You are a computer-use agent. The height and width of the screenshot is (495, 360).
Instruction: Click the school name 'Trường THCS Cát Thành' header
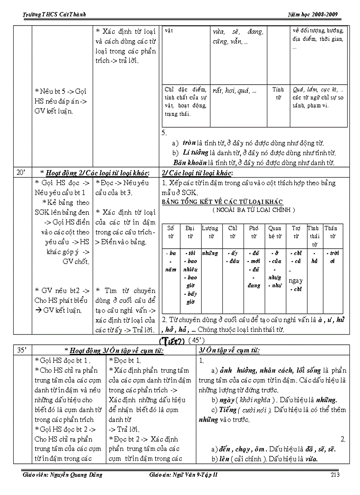pyautogui.click(x=54, y=15)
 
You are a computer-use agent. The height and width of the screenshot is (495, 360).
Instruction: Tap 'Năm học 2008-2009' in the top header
pyautogui.click(x=312, y=15)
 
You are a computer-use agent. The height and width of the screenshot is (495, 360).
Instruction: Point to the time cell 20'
pyautogui.click(x=21, y=172)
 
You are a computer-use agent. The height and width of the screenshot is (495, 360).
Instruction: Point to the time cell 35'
pyautogui.click(x=21, y=350)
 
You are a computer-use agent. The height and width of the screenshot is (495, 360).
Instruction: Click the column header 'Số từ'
pyautogui.click(x=171, y=232)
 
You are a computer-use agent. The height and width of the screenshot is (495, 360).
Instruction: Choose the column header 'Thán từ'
pyautogui.click(x=330, y=232)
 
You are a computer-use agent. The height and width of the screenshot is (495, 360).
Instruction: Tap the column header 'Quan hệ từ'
pyautogui.click(x=274, y=232)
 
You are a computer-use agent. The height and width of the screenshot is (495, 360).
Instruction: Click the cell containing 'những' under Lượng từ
pyautogui.click(x=210, y=253)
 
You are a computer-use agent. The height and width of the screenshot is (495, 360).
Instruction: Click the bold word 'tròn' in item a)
pyautogui.click(x=189, y=143)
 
